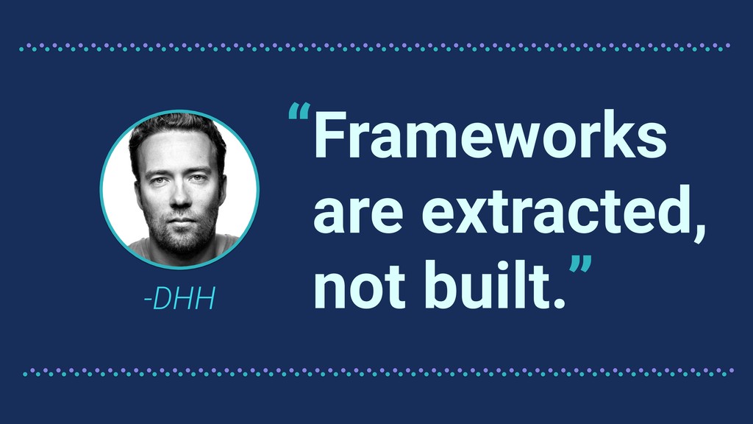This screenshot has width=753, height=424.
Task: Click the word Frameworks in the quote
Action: coord(490,135)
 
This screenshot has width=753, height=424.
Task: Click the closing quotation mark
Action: coord(581,265)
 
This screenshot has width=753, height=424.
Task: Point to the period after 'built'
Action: coord(559,303)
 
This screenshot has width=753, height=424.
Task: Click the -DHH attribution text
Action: coord(179,298)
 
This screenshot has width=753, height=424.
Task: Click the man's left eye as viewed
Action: coord(158,181)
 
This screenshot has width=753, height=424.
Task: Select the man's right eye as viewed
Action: coord(199,179)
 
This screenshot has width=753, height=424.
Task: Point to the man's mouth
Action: coord(182,221)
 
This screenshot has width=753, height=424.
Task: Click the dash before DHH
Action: coord(148,300)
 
